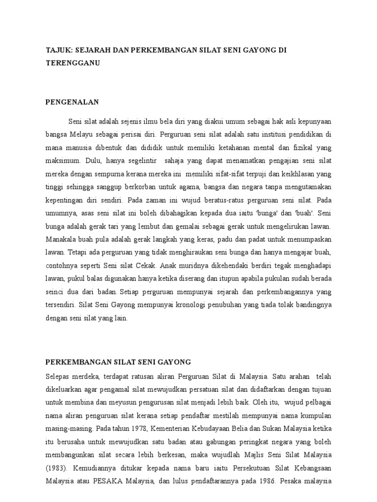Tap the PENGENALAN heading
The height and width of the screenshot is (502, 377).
(72, 102)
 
